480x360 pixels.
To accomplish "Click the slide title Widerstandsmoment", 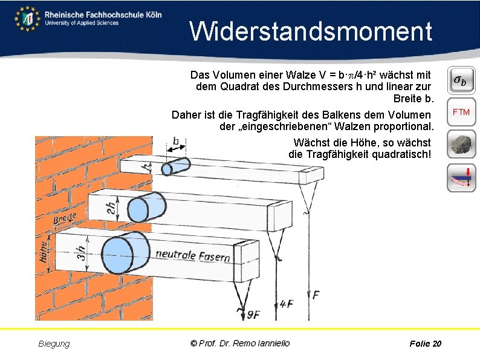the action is click(x=311, y=31).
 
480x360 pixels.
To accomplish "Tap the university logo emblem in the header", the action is click(x=27, y=18).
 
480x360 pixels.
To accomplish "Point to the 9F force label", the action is click(x=254, y=314).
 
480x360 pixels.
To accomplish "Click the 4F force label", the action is click(x=287, y=304).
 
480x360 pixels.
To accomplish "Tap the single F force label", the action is click(x=316, y=295).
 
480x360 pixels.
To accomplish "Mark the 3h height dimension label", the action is click(x=81, y=255).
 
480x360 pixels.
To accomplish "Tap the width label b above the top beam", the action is click(x=176, y=141).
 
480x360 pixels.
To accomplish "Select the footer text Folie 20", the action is click(x=425, y=344).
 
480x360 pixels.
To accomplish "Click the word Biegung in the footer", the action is click(x=54, y=344).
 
